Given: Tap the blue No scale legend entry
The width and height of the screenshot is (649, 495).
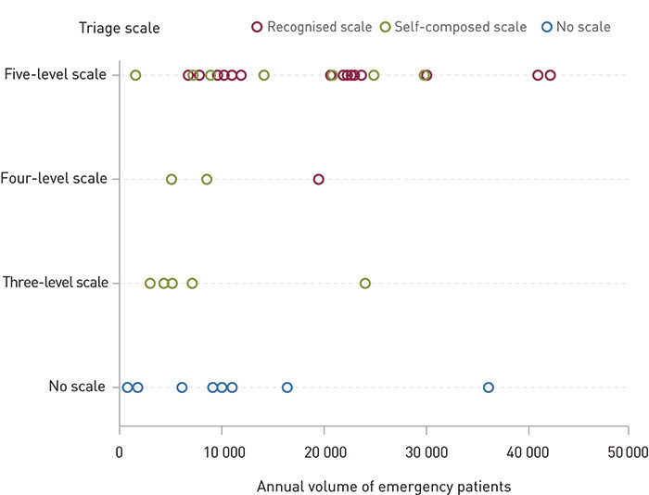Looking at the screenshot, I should (x=577, y=27).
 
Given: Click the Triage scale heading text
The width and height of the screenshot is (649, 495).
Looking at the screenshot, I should (x=121, y=28).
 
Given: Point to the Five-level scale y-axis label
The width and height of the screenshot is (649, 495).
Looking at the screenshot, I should (x=55, y=74).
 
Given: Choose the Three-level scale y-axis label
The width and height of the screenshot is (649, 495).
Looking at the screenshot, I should (x=55, y=282).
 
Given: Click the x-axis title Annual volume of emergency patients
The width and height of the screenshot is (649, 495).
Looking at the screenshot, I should (x=383, y=485).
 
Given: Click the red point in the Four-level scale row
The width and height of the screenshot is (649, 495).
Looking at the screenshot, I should (x=318, y=179).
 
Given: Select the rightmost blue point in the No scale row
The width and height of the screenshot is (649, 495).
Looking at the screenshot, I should (x=488, y=387).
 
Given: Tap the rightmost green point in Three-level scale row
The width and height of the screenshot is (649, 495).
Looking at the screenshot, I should (x=364, y=283).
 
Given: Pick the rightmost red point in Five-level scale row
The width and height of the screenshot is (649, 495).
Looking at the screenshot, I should (x=550, y=75).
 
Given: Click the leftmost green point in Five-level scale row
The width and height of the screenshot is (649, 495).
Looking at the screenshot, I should (x=135, y=75).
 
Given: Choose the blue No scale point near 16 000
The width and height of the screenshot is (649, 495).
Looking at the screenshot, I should (x=286, y=387).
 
